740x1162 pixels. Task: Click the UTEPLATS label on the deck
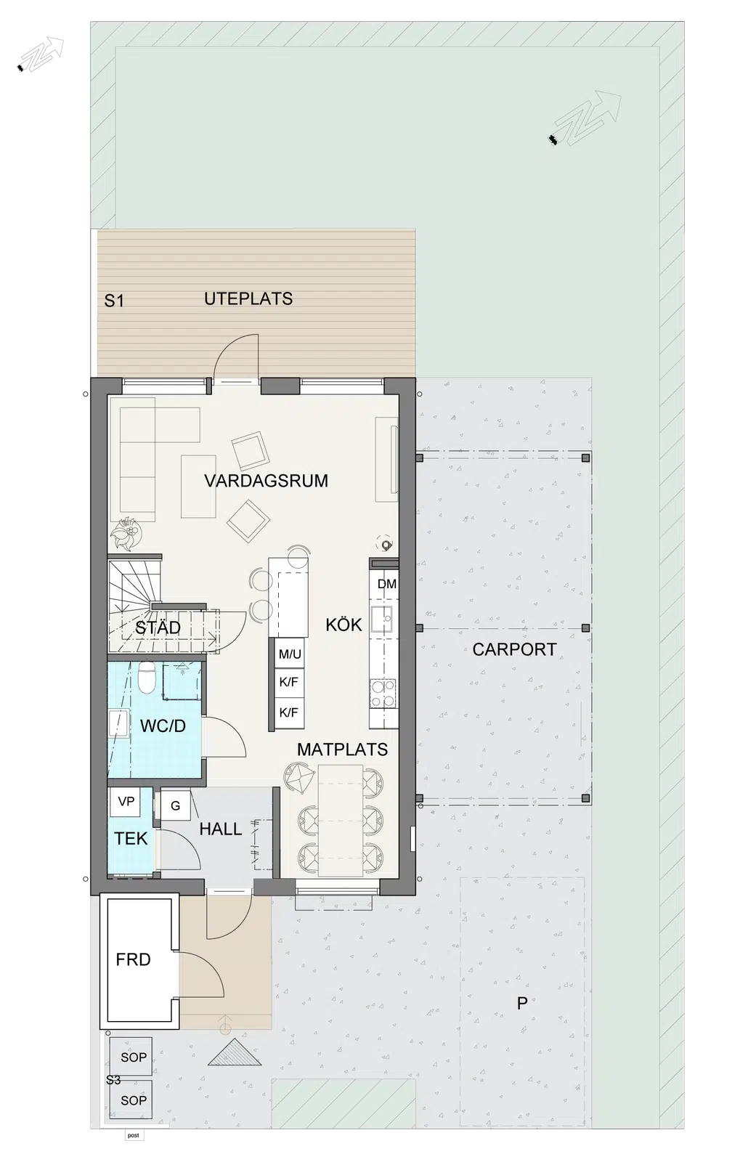[248, 298]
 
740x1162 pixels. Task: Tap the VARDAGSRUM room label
[266, 481]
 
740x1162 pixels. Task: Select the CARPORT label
[514, 649]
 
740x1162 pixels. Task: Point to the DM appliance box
[387, 584]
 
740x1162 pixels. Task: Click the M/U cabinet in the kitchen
[289, 654]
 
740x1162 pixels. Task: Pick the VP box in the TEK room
[126, 802]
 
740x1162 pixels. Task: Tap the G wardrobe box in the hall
[175, 805]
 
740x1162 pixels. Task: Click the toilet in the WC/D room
[147, 678]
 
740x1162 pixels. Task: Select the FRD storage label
[134, 959]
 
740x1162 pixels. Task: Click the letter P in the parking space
[522, 1003]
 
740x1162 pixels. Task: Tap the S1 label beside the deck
[114, 301]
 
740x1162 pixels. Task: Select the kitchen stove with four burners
[383, 693]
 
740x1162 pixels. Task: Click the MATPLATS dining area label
[342, 749]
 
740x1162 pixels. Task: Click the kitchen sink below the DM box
[383, 620]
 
